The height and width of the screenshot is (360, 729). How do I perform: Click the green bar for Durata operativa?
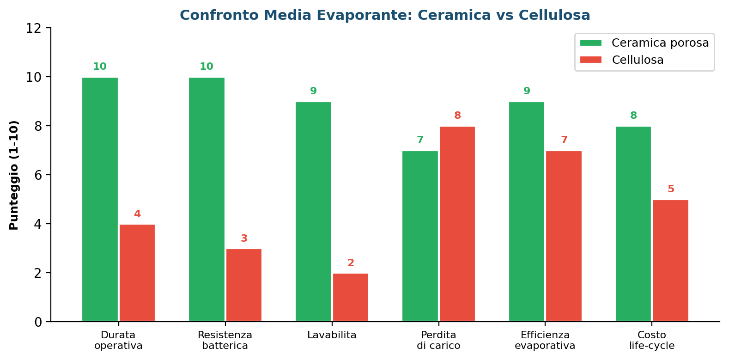[100, 199]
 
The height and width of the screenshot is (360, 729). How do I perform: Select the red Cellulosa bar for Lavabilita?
[351, 297]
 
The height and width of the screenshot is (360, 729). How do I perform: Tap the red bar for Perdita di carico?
[457, 224]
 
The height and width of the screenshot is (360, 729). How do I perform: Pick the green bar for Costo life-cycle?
[633, 224]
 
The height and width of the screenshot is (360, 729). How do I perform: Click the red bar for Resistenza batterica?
[244, 285]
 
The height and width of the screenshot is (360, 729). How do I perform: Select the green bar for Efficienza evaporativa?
[527, 211]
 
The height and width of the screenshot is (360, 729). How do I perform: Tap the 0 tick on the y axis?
[38, 322]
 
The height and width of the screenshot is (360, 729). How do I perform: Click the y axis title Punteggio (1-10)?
[14, 175]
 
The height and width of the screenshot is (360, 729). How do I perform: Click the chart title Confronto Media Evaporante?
[385, 15]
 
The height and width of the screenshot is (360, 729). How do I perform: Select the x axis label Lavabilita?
[332, 335]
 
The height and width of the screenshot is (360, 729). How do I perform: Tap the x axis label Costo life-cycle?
[652, 340]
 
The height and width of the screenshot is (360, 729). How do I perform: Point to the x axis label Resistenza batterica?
[225, 340]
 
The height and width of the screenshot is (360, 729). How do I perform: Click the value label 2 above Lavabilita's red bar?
[351, 263]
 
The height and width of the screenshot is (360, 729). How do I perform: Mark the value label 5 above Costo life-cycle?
[671, 189]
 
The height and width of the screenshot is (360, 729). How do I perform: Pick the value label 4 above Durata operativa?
[137, 214]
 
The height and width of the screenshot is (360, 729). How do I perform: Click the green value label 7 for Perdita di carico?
[420, 140]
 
